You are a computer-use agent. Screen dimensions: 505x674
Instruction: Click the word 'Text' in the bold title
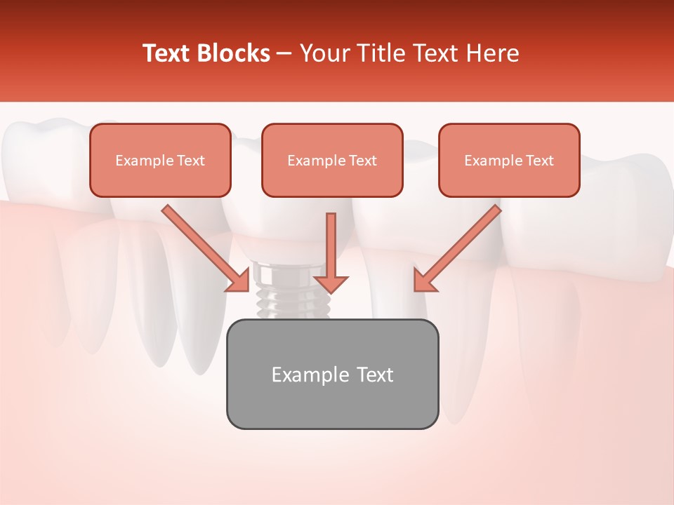(x=165, y=53)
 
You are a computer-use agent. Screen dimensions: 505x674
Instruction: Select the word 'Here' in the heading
(x=494, y=53)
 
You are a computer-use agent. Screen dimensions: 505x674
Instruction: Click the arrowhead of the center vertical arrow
(x=331, y=284)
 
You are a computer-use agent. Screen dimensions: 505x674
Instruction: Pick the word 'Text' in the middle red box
(x=363, y=161)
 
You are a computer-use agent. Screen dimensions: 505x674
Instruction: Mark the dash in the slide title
(x=284, y=53)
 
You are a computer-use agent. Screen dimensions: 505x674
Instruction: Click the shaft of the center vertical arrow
(x=331, y=242)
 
